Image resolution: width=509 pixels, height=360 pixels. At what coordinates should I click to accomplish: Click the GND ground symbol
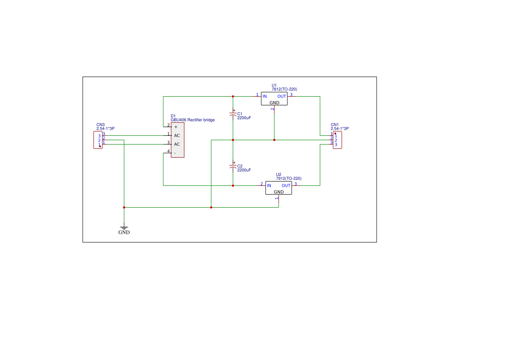pos(124,228)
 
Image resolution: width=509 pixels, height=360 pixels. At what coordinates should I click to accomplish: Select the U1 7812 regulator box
pos(274,99)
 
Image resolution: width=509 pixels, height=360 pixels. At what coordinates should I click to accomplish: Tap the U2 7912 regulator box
pos(279,188)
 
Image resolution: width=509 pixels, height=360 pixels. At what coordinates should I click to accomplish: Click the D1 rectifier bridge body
pos(177,140)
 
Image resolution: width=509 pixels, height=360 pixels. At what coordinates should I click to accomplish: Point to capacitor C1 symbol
pos(233,114)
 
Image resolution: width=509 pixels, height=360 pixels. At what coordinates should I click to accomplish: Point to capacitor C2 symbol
pos(233,167)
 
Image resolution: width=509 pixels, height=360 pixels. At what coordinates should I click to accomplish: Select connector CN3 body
pos(98,140)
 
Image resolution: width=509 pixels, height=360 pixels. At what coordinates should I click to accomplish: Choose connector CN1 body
pos(337,140)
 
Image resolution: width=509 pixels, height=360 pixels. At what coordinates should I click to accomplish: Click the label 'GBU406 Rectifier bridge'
pos(192,120)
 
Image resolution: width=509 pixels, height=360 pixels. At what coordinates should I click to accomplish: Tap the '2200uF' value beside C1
pos(244,118)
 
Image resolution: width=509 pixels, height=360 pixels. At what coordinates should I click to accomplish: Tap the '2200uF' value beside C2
pos(244,170)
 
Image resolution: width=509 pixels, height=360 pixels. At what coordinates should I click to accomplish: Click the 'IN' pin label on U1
pos(264,96)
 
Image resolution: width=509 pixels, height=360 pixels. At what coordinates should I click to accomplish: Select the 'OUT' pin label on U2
pos(286,185)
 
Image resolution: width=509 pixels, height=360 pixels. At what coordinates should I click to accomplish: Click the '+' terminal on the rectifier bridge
pos(175,127)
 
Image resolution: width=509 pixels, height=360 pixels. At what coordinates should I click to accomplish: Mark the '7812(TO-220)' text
pos(284,89)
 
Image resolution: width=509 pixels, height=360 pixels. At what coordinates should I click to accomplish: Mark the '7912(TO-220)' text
pos(289,178)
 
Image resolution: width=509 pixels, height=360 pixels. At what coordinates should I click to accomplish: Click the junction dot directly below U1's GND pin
pos(274,140)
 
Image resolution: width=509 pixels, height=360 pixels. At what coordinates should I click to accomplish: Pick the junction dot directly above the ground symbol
pos(124,207)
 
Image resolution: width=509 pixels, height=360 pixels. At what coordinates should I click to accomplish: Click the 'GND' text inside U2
pos(279,192)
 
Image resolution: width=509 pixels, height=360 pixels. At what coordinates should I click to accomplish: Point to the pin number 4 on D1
pos(169,151)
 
